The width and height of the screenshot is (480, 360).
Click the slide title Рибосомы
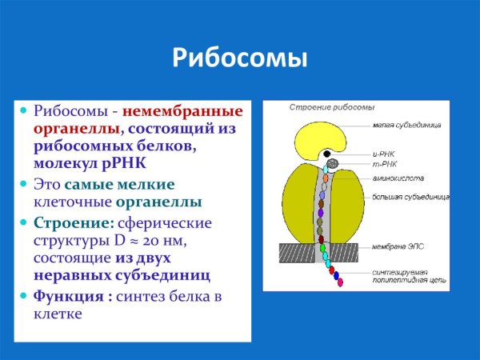pyautogui.click(x=240, y=60)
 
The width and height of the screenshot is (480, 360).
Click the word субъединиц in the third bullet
pyautogui.click(x=164, y=275)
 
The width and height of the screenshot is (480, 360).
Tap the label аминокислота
pyautogui.click(x=397, y=177)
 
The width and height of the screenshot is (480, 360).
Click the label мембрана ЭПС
pyautogui.click(x=398, y=249)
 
